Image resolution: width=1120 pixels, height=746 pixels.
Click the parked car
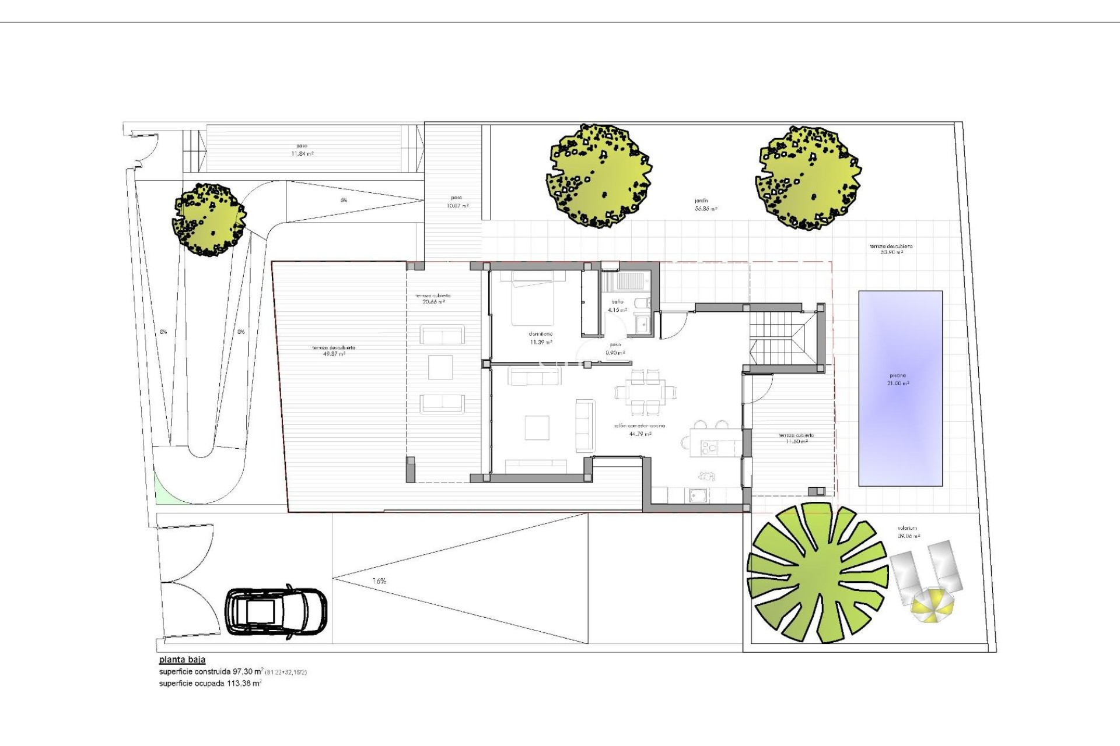(276, 613)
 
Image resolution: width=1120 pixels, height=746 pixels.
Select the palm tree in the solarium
(817, 573)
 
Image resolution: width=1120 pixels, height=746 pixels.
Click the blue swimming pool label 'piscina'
(898, 376)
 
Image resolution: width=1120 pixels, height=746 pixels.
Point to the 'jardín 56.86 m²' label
(705, 205)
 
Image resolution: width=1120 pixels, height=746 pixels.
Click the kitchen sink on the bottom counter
(698, 495)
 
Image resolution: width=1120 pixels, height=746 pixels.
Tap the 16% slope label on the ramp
(379, 581)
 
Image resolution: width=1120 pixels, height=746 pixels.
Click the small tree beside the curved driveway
(209, 220)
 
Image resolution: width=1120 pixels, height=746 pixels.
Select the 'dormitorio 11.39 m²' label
(540, 339)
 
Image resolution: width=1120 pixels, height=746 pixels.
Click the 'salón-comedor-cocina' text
(639, 426)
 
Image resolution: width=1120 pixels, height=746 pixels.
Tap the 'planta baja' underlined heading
(182, 660)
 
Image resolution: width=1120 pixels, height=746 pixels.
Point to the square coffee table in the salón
(537, 427)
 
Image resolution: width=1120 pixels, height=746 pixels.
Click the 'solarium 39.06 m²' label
(908, 532)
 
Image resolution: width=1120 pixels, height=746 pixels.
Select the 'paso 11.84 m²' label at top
(302, 150)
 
